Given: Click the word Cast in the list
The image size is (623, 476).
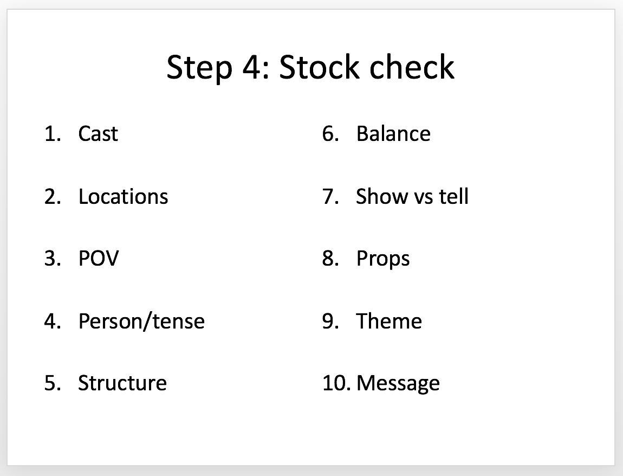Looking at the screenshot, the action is [x=98, y=133].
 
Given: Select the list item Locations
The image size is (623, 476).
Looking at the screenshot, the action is [x=123, y=196].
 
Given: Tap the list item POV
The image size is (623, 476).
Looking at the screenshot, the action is [x=99, y=259].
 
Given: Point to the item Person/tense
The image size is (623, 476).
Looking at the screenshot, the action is [x=141, y=321].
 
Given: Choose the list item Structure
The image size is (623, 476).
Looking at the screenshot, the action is [x=122, y=383].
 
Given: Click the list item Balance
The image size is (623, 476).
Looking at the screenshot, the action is [x=393, y=133].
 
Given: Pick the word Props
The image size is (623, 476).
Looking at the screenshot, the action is [x=383, y=259].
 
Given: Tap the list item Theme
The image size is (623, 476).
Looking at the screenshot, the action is [x=389, y=321].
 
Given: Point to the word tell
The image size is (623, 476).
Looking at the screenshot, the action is [x=453, y=196].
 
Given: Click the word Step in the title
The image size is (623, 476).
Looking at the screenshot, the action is [x=199, y=68].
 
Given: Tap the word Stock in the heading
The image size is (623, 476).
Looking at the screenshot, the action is [x=320, y=67].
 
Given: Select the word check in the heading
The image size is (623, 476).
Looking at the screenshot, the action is [x=412, y=67].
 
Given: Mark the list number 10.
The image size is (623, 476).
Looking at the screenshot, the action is [x=336, y=383].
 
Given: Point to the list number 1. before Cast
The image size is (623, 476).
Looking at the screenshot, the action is [x=53, y=133].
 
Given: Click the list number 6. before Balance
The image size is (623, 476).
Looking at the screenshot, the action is [x=330, y=133].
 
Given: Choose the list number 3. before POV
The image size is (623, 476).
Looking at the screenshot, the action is [x=53, y=259].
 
